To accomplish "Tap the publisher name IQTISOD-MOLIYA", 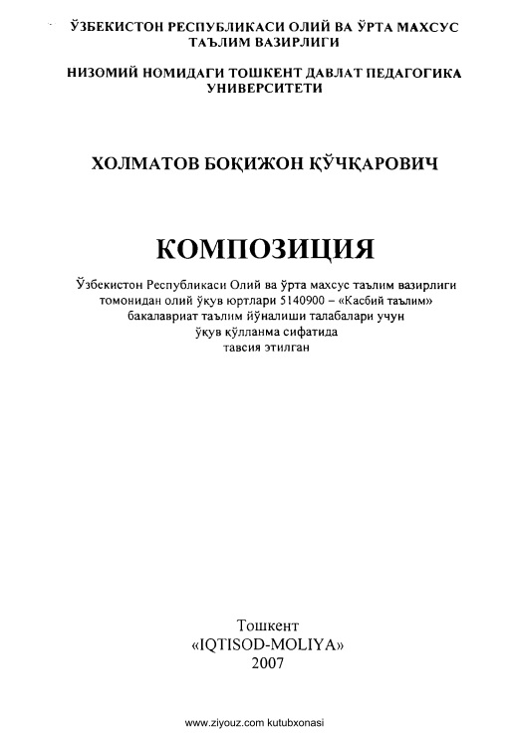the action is coord(266,643).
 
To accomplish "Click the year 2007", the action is coord(268,664).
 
